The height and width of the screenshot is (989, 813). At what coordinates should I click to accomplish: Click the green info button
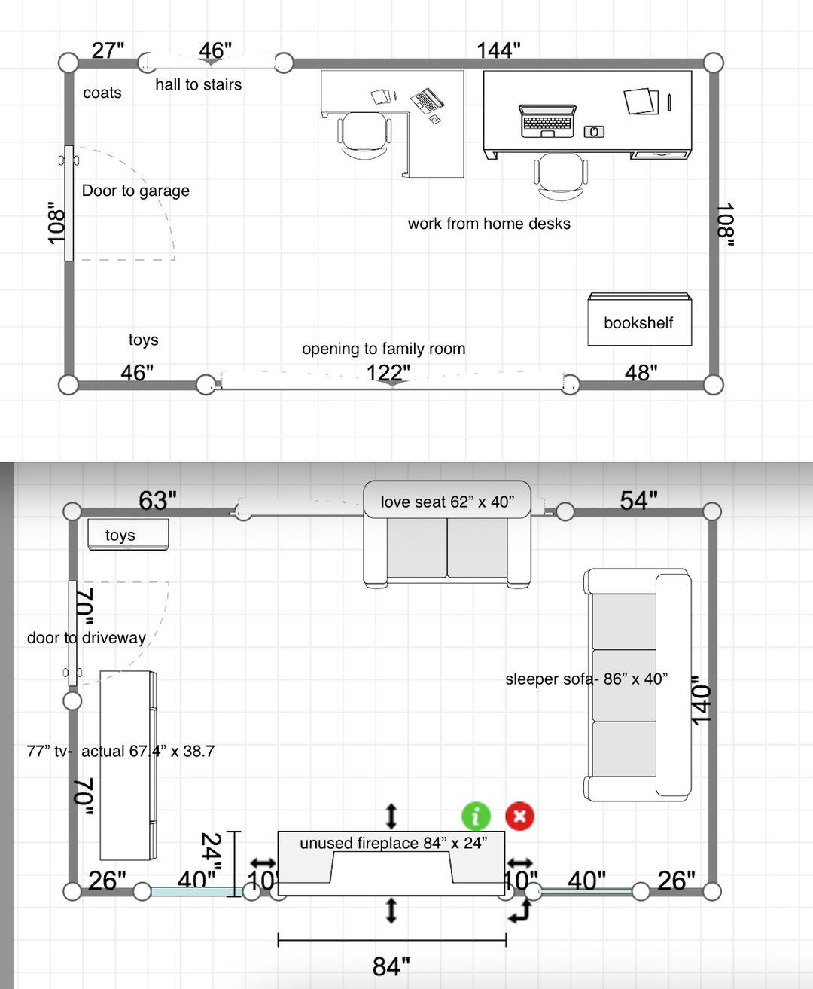point(476,816)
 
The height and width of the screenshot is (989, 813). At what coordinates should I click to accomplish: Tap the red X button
point(519,816)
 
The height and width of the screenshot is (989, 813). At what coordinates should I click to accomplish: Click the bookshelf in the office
point(640,319)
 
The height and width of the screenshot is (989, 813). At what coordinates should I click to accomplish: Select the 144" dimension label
point(498,50)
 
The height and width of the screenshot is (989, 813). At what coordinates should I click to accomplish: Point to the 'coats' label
point(102,93)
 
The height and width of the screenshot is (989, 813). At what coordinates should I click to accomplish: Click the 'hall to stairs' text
point(199,84)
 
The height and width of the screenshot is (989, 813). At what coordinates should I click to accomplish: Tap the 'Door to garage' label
point(136,191)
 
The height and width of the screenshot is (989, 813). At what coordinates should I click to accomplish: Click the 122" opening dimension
point(388,373)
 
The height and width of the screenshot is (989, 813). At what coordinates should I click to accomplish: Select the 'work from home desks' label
point(489,224)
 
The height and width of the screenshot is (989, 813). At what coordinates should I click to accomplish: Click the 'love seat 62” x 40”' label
point(447,502)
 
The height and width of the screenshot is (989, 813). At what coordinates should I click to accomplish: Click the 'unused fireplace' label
point(360,843)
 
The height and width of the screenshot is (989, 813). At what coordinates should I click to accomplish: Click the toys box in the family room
point(129,534)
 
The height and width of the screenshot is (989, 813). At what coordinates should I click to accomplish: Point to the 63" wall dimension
point(157,500)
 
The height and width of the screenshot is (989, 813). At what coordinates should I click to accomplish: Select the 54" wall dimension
point(638,500)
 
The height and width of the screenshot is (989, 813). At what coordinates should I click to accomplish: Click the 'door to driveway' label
point(87,638)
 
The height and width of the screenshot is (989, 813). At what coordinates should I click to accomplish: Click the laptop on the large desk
point(547,121)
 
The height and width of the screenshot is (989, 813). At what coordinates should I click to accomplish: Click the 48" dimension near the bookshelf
point(641,373)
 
